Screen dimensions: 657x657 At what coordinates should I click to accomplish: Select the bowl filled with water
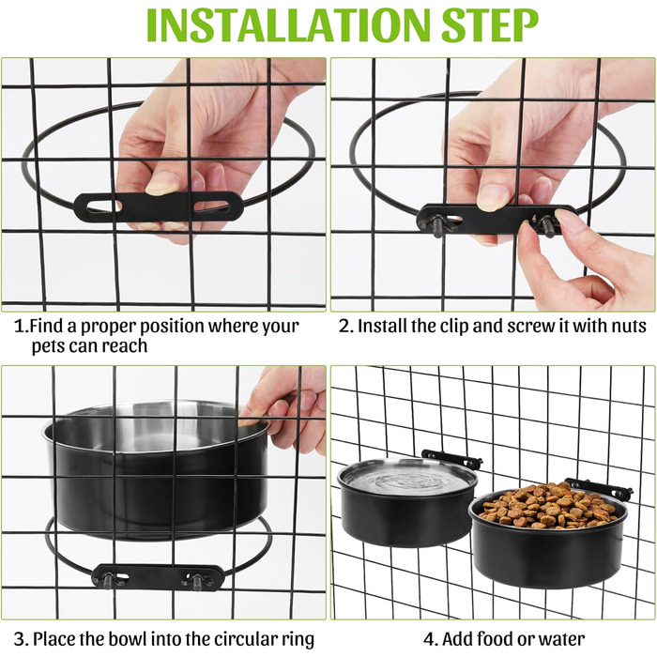click(x=407, y=501)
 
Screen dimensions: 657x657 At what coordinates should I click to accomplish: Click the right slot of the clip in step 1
click(x=211, y=206)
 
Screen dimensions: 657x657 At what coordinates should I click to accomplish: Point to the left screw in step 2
click(x=438, y=225)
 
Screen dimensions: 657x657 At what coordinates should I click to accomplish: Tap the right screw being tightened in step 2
click(x=547, y=226)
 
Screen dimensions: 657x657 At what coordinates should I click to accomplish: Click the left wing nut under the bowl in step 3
click(x=108, y=580)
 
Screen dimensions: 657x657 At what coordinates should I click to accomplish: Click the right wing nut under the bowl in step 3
click(x=195, y=582)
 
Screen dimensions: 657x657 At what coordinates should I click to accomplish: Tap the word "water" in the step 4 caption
click(x=561, y=639)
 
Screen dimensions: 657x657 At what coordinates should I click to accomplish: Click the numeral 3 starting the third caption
click(x=20, y=639)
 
